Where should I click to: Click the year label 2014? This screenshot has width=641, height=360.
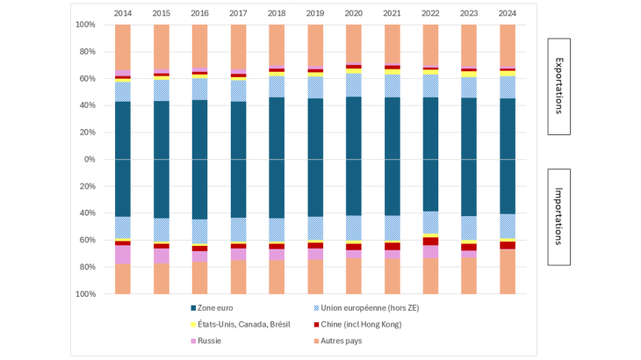coord(122,13)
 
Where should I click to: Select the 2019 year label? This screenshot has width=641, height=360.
coord(314,13)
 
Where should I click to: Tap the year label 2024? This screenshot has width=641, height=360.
coord(507,13)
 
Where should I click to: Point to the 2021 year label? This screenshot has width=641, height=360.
coord(392,13)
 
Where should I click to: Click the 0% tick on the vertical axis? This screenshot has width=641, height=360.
coord(86,160)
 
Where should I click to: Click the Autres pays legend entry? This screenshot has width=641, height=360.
coord(347,340)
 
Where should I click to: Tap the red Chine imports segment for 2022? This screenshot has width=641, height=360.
coord(430,241)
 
